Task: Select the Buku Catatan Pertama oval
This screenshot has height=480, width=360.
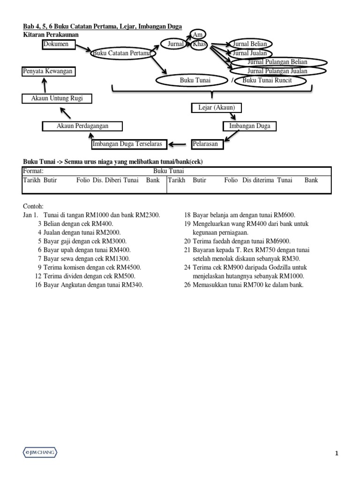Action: click(x=122, y=53)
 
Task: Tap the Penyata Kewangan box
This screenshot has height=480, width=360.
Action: click(x=48, y=71)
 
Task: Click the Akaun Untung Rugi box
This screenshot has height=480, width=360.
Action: click(x=56, y=98)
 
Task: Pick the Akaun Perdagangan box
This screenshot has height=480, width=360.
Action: click(x=82, y=126)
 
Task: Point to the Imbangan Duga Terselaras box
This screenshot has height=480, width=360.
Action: click(x=129, y=144)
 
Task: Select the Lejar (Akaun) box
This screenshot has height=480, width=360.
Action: click(x=214, y=108)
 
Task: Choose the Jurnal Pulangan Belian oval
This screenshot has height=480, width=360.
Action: click(x=277, y=62)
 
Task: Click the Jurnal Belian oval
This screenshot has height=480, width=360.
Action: click(x=249, y=44)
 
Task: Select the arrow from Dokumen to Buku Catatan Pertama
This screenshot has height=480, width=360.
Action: click(x=83, y=48)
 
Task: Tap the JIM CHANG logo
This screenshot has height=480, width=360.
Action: click(x=40, y=452)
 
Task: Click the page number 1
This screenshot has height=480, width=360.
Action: click(x=337, y=453)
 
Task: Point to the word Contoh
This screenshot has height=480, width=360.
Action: click(x=33, y=206)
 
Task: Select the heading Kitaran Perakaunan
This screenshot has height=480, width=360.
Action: click(x=51, y=35)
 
